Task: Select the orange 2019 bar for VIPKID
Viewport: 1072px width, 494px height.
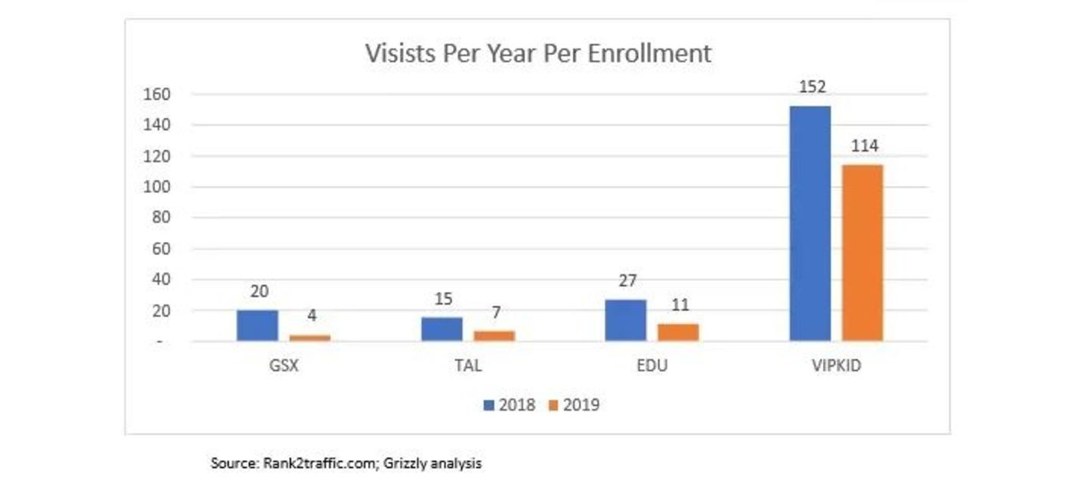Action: [862, 253]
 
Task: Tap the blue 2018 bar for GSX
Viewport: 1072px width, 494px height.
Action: [257, 326]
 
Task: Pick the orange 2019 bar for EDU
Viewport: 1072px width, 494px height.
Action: [678, 332]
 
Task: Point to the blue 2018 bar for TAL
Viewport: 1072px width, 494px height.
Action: [442, 329]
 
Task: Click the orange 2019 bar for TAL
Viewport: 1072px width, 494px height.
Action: [494, 335]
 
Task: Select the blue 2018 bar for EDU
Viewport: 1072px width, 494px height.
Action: [625, 320]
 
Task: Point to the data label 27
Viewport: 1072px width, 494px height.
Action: [628, 281]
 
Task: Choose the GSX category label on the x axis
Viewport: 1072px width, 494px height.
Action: [284, 365]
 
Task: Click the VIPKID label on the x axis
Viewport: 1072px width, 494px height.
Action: [836, 365]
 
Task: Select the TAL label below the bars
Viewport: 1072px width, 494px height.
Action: [467, 365]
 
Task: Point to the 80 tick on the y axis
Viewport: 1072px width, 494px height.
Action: [159, 218]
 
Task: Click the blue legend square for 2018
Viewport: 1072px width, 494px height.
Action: [488, 405]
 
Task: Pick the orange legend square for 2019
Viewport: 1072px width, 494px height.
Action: [553, 405]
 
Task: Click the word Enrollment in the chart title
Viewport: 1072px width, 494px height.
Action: [658, 53]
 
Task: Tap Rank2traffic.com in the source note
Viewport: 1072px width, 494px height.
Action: [318, 463]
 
